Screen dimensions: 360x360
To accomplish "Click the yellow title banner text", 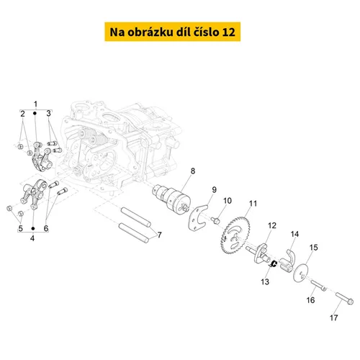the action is pos(172,32).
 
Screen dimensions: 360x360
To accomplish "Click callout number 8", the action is pos(193,171).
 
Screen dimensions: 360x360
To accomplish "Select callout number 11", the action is pos(253,204).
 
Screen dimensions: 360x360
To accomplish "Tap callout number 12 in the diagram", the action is pos(272,225).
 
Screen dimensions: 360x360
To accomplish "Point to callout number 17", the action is pos(333,318).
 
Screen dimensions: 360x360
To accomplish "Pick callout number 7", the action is pos(159,235).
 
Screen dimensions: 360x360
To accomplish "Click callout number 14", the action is pos(294,234).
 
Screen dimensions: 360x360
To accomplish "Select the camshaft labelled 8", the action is pos(172,199).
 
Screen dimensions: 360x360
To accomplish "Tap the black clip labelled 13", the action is pos(273,264).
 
